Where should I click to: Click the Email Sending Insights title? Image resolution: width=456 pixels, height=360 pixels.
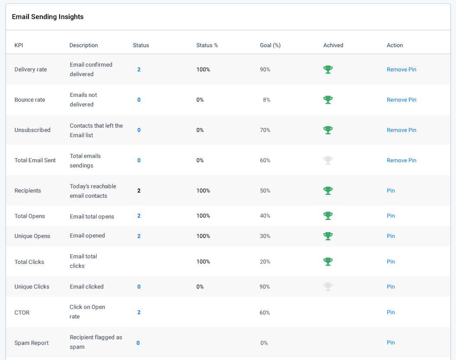[x=48, y=17]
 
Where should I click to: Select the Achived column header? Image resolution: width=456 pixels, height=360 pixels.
[x=333, y=45]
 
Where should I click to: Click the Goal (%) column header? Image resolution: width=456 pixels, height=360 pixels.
[x=270, y=45]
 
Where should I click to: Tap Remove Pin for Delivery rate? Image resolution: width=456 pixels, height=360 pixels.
[x=401, y=70]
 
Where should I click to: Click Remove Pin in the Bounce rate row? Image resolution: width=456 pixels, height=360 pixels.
[x=401, y=100]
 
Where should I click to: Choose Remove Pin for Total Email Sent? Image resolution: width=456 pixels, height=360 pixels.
[x=401, y=161]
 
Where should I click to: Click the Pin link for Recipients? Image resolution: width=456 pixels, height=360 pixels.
[x=391, y=191]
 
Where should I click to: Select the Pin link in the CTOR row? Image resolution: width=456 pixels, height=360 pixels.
[x=391, y=312]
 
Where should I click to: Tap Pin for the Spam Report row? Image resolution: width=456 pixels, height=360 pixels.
[x=391, y=343]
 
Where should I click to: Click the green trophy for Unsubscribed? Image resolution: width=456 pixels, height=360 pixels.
[x=328, y=130]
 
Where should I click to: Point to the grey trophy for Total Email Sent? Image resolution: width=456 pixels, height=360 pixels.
[x=328, y=161]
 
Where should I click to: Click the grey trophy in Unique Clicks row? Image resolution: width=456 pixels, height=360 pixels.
[x=328, y=287]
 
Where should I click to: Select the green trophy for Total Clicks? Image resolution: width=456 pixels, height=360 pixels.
[x=328, y=262]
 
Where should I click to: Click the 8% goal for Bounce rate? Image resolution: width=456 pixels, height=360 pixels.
[x=266, y=100]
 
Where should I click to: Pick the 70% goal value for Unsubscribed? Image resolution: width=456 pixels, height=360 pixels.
[x=265, y=130]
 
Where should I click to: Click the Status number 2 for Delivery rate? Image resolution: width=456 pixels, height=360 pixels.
[x=139, y=70]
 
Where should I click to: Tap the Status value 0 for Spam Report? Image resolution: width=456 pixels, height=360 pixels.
[x=138, y=343]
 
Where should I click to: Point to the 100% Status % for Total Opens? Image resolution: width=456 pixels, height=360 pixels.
[x=203, y=216]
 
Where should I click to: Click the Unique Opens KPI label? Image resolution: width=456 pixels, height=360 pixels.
[x=32, y=236]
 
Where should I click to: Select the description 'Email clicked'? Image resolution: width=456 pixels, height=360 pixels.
[x=86, y=287]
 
